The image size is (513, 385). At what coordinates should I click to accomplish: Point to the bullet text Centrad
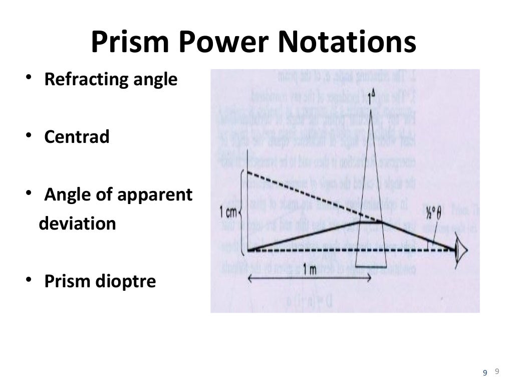77,137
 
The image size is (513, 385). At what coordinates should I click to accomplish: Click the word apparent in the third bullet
155,195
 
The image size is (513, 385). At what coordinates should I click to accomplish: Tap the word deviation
77,223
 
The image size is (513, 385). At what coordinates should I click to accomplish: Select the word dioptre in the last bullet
128,281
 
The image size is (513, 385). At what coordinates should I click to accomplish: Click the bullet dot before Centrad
30,136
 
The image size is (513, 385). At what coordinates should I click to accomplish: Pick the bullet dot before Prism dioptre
30,280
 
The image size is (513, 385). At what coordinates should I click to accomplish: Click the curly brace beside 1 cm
242,212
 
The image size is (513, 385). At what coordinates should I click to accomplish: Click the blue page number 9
484,372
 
